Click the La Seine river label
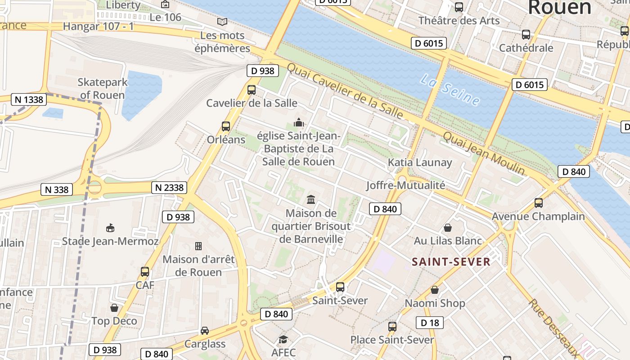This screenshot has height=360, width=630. pos(450,90)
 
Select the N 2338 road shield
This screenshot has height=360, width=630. pos(169,187)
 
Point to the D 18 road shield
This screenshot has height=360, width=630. pos(430,323)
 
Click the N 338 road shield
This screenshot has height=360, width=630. pos(57,189)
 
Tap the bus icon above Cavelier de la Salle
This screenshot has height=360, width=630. pos(252,90)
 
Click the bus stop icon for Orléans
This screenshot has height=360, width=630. pos(226,126)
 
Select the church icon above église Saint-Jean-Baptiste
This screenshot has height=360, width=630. pos(299,122)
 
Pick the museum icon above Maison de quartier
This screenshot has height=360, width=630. pos(311,199)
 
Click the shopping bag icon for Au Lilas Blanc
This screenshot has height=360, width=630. pos(448,228)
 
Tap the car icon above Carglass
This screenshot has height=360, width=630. pos(205,331)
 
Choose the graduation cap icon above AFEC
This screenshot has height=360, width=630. pos(283,339)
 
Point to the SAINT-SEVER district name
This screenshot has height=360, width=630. pos(451,262)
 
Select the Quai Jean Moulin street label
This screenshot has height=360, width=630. pos(484,153)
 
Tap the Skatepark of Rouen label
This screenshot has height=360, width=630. pos(102,89)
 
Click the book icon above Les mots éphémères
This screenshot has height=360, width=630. pos(222,22)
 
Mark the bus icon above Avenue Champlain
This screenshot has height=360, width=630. pos(539,203)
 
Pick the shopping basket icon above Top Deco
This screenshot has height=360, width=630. pos(114,308)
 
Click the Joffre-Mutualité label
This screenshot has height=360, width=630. pos(405,185)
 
